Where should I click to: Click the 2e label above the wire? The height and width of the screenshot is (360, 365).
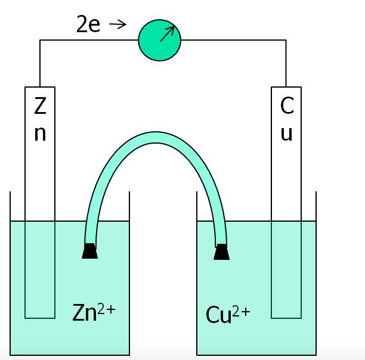pyautogui.click(x=88, y=24)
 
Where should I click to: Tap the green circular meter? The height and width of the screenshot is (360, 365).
pyautogui.click(x=159, y=40)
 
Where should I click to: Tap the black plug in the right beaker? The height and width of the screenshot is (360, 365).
pyautogui.click(x=221, y=252)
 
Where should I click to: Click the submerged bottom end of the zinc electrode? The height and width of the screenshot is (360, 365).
pyautogui.click(x=40, y=312)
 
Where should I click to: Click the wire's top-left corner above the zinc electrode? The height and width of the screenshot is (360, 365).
pyautogui.click(x=40, y=41)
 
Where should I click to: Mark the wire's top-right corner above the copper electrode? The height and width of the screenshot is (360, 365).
pyautogui.click(x=286, y=41)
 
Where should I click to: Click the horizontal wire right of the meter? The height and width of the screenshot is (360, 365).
pyautogui.click(x=233, y=41)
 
